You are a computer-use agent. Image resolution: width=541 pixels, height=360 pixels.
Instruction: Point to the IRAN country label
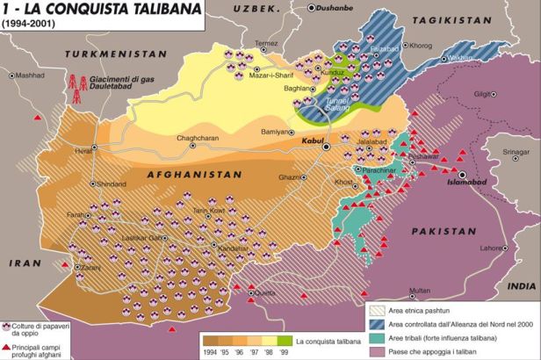tap(19, 262)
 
